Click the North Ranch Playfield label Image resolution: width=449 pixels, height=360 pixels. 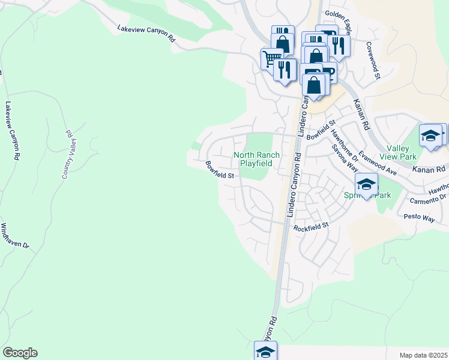(x=256, y=159)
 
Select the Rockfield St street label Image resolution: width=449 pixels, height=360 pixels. (x=312, y=227)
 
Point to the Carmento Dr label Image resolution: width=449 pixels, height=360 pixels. (x=427, y=199)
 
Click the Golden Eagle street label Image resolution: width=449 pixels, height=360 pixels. (x=338, y=13)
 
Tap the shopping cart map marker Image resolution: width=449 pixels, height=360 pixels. (x=271, y=58)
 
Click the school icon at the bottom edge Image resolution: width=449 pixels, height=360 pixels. (x=265, y=351)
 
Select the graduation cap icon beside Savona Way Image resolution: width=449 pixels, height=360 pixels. (x=366, y=184)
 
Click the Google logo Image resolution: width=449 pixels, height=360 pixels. (x=20, y=353)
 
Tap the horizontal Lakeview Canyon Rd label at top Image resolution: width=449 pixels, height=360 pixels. (x=146, y=33)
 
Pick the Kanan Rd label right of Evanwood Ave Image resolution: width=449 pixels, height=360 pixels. (x=429, y=169)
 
